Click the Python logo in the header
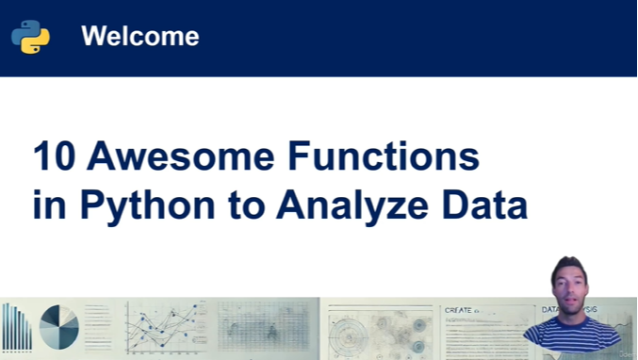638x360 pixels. (30, 37)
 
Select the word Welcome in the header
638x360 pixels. (139, 37)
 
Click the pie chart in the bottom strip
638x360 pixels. (59, 328)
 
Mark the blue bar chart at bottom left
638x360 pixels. (16, 329)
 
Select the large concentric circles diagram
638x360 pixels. (353, 333)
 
